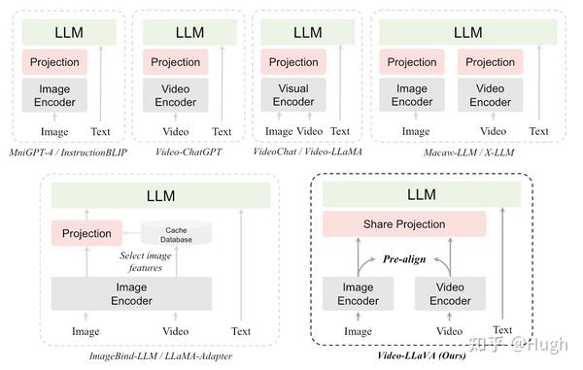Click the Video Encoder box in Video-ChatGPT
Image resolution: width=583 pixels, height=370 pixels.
tap(176, 95)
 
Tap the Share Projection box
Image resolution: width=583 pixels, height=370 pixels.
tap(403, 224)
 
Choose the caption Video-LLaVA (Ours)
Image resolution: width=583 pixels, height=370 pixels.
tap(423, 356)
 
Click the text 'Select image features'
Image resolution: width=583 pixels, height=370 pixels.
tap(146, 261)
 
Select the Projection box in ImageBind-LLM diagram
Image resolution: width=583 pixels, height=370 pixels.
tap(86, 234)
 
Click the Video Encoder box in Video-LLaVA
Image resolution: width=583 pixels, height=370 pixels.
tap(450, 293)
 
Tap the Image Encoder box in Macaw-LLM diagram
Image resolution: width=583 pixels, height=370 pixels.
tap(412, 95)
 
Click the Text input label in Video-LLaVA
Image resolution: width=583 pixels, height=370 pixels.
tap(501, 331)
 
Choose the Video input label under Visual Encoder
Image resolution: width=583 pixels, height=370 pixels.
tap(310, 131)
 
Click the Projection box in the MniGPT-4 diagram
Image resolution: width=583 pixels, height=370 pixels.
tap(54, 62)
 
